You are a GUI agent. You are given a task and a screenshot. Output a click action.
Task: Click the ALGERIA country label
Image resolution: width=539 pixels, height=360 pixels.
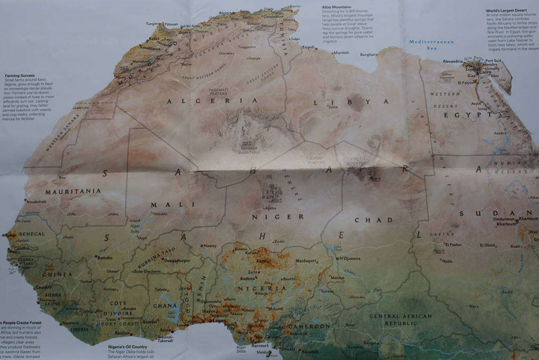point(212,100)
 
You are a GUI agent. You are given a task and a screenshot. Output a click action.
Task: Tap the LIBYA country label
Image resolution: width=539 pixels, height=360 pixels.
point(355,102)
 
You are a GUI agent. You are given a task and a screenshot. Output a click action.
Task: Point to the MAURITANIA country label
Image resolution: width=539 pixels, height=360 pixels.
point(73,191)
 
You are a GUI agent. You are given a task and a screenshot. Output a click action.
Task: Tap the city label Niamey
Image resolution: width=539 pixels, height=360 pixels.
point(210,245)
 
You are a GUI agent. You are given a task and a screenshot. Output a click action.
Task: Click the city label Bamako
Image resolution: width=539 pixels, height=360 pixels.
point(104,258)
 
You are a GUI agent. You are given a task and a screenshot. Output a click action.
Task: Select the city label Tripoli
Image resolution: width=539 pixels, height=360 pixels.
point(308,47)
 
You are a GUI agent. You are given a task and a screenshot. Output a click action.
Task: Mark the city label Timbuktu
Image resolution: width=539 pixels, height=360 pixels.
point(159,214)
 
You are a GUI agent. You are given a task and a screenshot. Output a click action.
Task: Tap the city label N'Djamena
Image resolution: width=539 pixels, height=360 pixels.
point(349,258)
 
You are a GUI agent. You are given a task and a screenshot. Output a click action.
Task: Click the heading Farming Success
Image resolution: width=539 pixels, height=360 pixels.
point(20,75)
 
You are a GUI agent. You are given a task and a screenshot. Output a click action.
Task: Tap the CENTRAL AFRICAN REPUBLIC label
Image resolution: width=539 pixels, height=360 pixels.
point(400,319)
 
